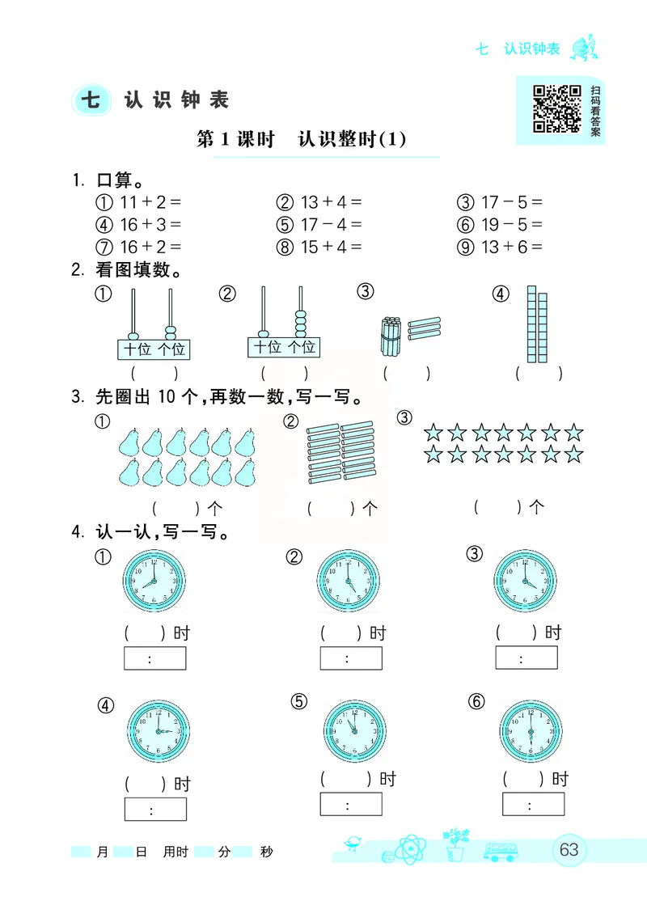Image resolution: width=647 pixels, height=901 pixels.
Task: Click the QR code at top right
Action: click(557, 108)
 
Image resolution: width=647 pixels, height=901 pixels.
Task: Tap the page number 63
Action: click(569, 849)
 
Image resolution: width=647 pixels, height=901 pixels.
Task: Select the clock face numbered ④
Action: click(158, 730)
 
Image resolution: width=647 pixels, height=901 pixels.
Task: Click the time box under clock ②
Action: click(351, 658)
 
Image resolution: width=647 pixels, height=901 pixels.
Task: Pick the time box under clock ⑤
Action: click(351, 805)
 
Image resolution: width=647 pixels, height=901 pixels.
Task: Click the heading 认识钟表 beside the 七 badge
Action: click(177, 99)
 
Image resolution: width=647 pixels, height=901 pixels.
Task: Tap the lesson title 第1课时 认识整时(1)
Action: click(301, 139)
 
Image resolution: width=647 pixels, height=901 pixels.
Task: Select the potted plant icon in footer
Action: click(455, 844)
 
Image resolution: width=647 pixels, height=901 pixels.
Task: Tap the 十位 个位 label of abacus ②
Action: click(284, 348)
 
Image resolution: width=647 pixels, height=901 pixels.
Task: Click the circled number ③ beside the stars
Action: click(405, 418)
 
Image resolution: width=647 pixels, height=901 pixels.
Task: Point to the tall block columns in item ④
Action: click(537, 324)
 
